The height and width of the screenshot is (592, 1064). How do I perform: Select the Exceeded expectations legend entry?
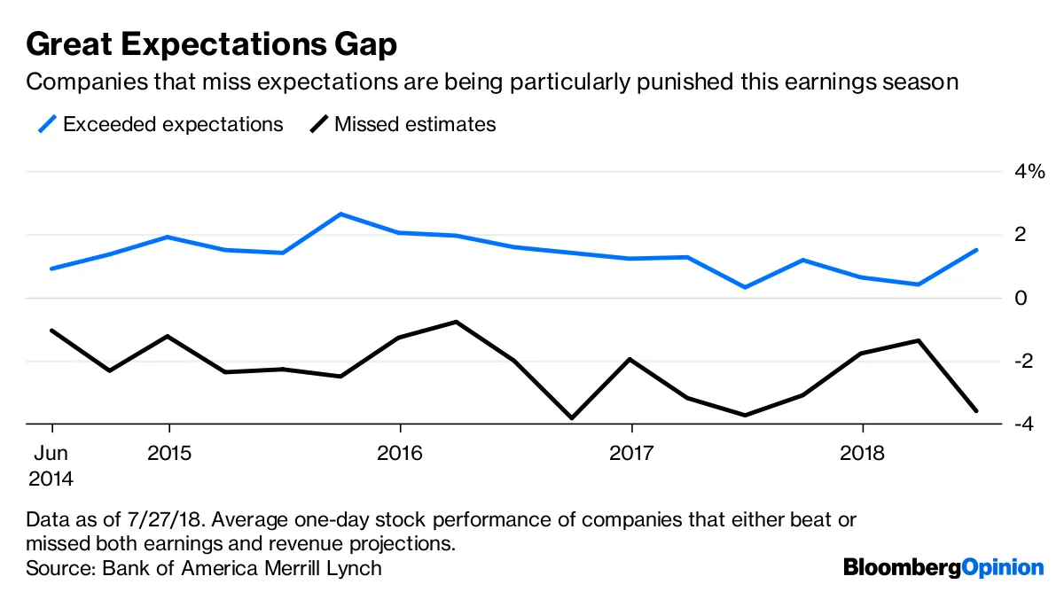point(160,124)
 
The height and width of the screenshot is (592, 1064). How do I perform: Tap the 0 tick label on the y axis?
point(1021,298)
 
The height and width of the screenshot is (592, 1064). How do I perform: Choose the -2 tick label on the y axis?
point(1029,361)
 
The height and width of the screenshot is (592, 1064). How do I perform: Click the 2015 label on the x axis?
point(168,453)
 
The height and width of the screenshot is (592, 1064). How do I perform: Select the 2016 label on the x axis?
point(400,453)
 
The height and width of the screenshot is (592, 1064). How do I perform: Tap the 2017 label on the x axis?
point(630,453)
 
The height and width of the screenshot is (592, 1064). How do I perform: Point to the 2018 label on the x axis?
point(863,453)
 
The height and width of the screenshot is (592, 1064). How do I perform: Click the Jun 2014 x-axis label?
point(51,466)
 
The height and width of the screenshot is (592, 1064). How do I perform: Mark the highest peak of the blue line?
point(341,214)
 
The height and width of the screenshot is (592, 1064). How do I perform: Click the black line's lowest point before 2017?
point(573,417)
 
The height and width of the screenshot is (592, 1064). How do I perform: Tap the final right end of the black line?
point(976,410)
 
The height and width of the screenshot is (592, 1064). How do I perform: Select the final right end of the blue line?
point(976,250)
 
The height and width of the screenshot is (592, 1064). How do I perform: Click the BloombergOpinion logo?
point(943,566)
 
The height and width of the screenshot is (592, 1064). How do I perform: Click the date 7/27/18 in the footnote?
point(153,519)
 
